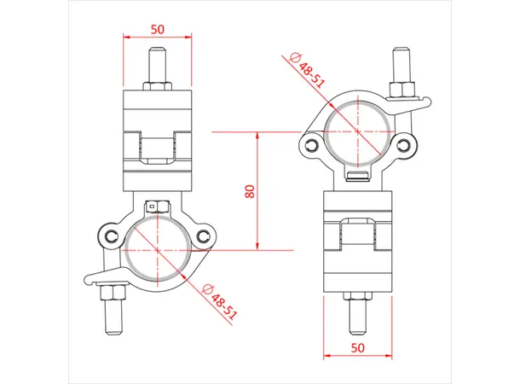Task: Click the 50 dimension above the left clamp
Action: [157, 28]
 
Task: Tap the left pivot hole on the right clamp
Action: [310, 143]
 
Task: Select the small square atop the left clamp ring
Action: [156, 206]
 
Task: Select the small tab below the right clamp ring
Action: [357, 176]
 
